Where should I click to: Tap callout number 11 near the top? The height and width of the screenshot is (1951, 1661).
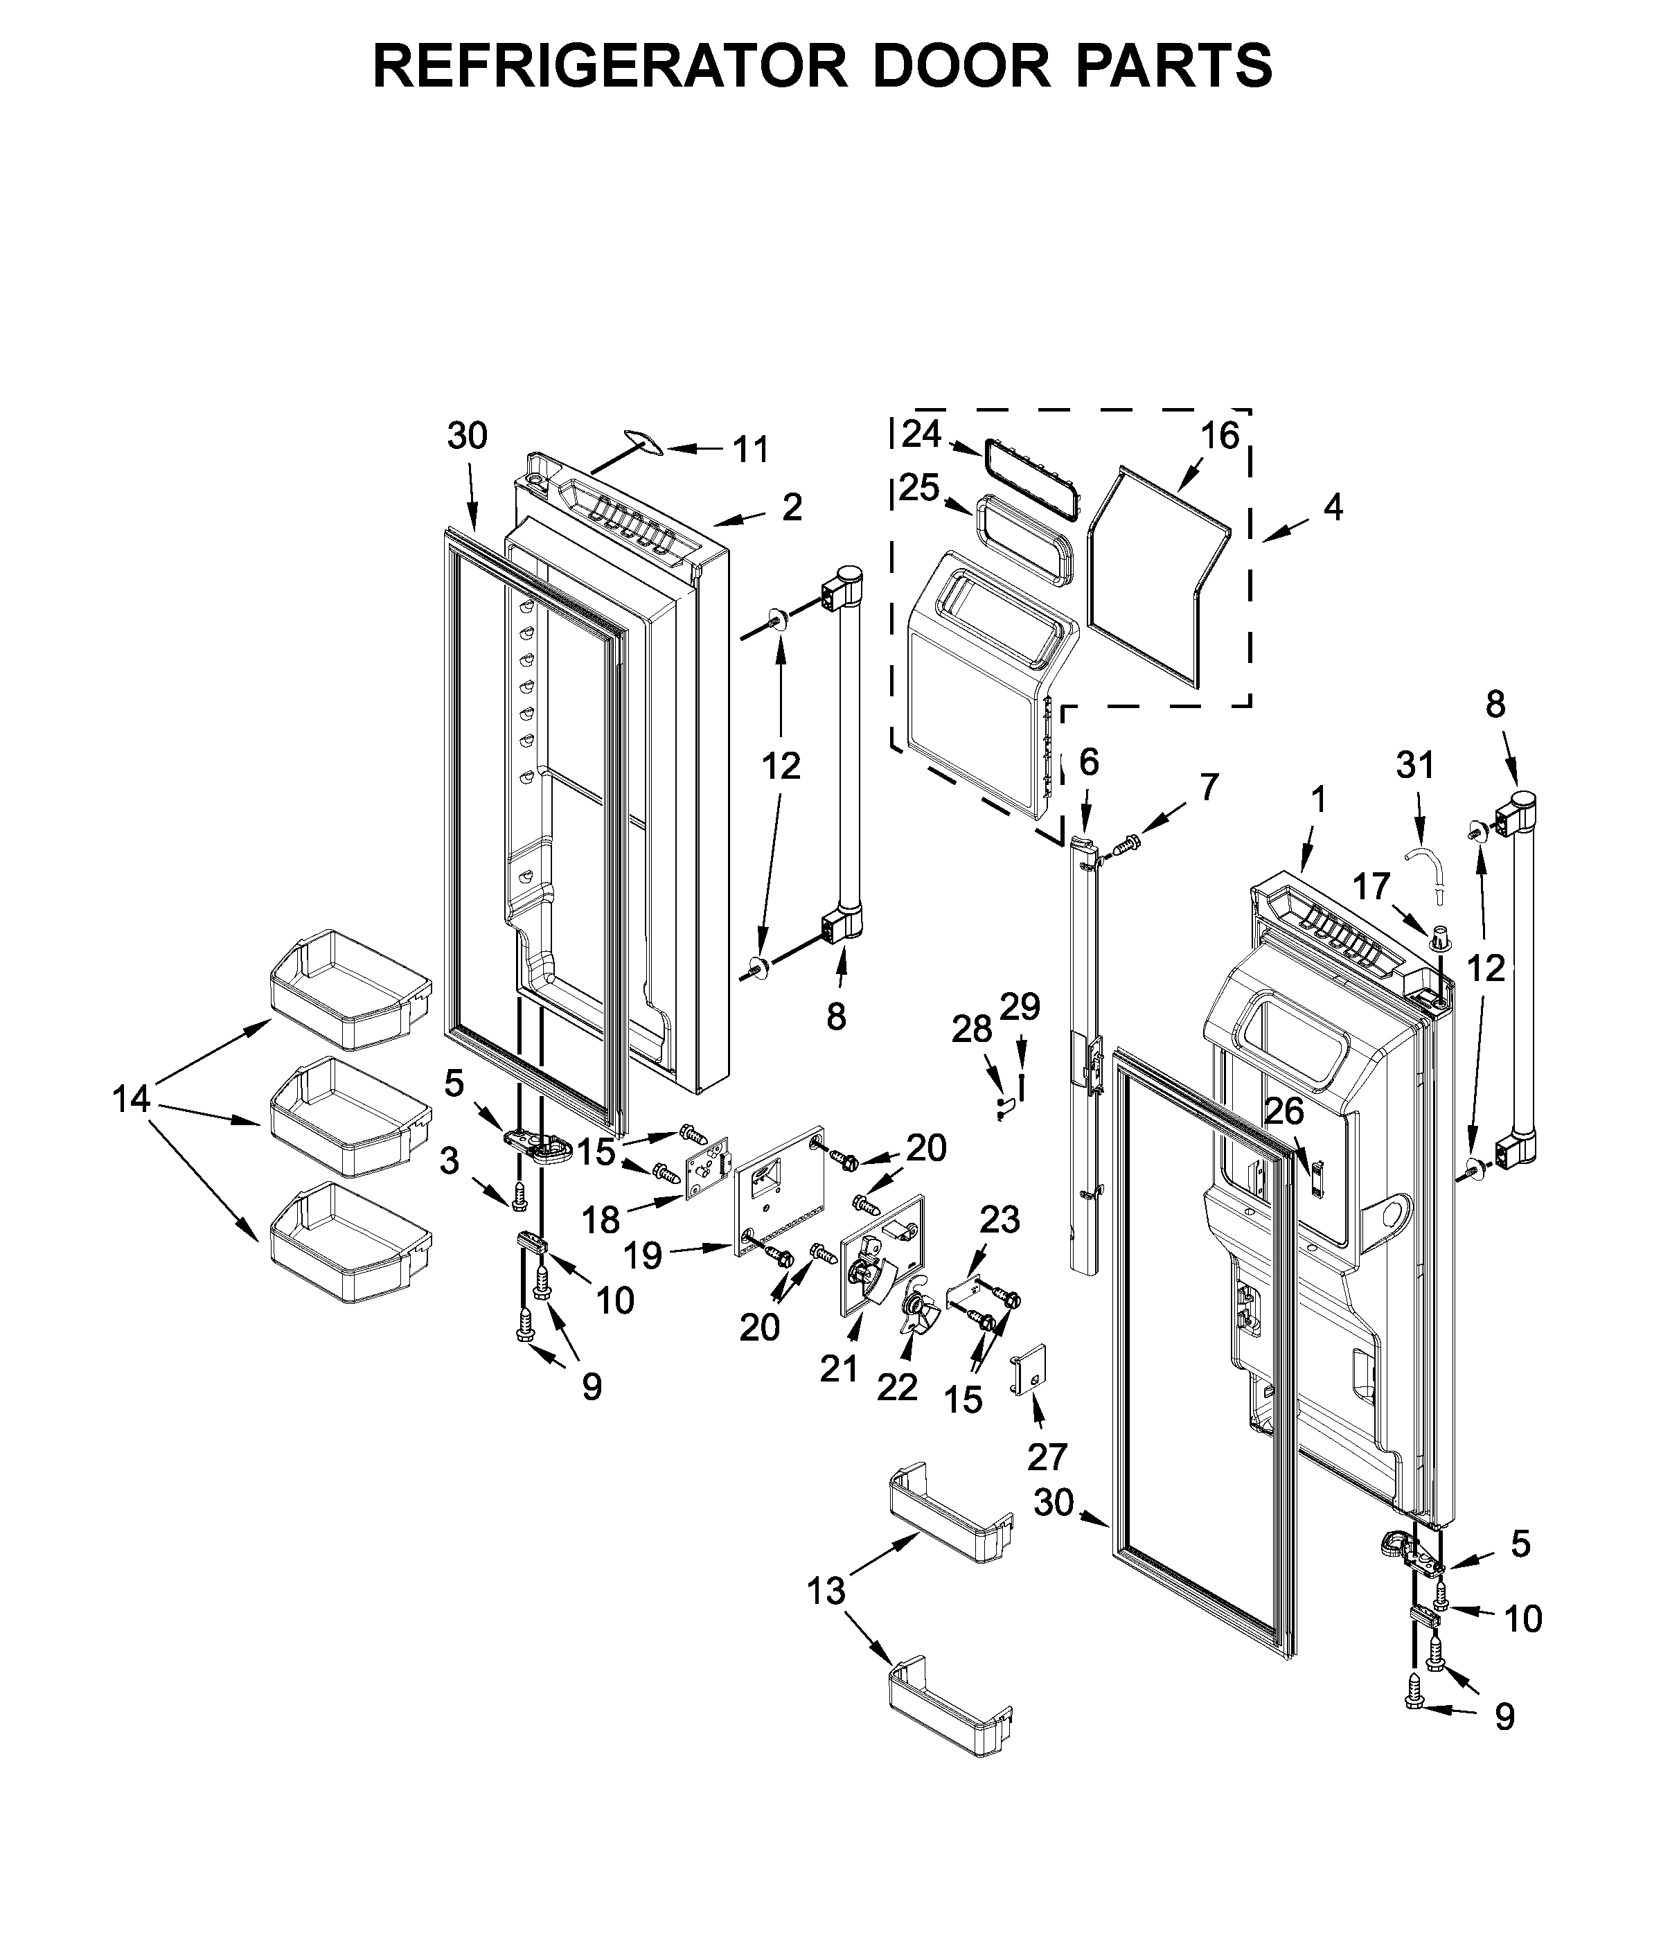coord(750,450)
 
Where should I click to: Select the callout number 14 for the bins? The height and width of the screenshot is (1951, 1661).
coord(132,1098)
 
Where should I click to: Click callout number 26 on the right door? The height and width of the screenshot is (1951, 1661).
coord(1284,1112)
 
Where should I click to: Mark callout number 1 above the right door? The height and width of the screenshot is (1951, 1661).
coord(1318,800)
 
